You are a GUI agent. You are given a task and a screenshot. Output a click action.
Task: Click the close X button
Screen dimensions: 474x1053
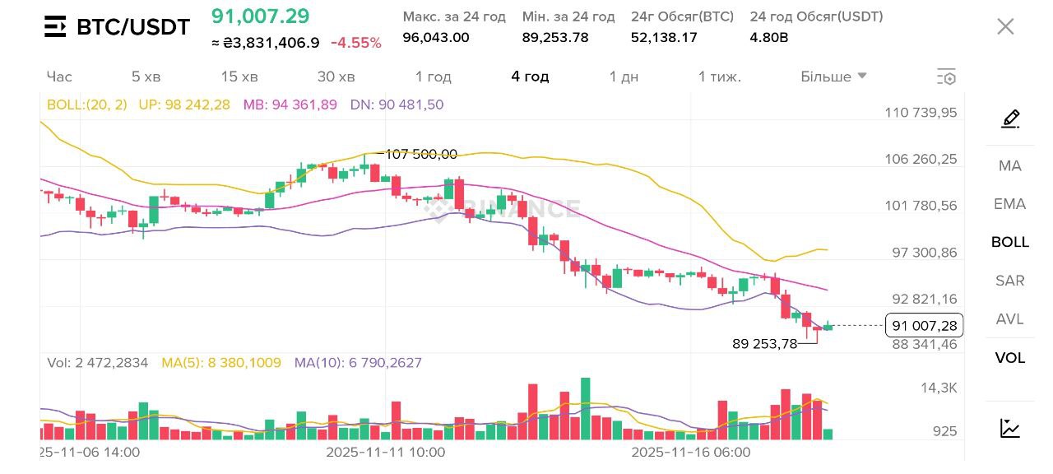coord(1005,26)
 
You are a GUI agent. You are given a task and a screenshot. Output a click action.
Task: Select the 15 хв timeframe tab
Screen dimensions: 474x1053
coord(239,77)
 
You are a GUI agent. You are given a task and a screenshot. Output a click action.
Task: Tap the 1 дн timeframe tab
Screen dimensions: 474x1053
coord(624,77)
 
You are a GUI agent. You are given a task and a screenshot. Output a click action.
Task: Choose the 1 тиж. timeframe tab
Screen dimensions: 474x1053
coord(720,77)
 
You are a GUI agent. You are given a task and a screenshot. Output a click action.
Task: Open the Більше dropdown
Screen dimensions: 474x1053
coord(833,77)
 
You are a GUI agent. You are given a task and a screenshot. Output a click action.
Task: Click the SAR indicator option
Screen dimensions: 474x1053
coord(1009,281)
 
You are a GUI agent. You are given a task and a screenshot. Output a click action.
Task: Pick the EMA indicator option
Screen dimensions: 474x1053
coord(1009,204)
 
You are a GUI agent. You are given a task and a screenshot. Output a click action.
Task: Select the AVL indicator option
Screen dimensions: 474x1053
coord(1009,319)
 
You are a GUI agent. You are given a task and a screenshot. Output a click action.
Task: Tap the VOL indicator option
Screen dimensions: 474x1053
coord(1009,358)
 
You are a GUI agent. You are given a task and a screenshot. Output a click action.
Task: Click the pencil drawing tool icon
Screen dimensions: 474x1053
coord(1010,118)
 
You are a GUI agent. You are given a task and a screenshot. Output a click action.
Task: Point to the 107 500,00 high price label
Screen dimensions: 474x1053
coord(421,154)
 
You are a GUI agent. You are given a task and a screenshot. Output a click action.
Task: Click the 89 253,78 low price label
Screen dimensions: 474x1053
coord(764,344)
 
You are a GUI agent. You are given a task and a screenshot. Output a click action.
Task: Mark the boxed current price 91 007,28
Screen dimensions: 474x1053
coord(924,326)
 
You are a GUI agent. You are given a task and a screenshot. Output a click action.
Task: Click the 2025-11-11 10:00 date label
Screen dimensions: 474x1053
coord(385,452)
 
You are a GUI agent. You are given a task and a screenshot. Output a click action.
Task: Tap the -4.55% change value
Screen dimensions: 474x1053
coord(355,43)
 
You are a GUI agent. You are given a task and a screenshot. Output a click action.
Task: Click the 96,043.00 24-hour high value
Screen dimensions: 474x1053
coord(436,37)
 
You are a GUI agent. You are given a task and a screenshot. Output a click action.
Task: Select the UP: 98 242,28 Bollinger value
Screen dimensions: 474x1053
coord(184,105)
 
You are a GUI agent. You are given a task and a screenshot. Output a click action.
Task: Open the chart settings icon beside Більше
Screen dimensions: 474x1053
coord(946,77)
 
